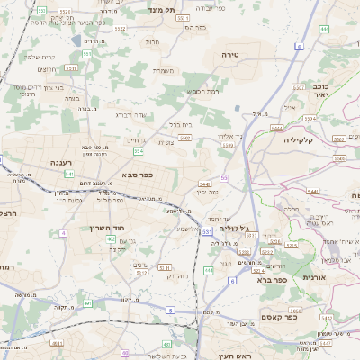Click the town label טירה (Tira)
click(229, 55)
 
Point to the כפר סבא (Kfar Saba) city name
click(137, 175)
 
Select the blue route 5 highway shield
click(169, 310)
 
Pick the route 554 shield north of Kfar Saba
click(138, 152)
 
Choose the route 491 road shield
click(88, 303)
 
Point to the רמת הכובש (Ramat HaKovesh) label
click(202, 91)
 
